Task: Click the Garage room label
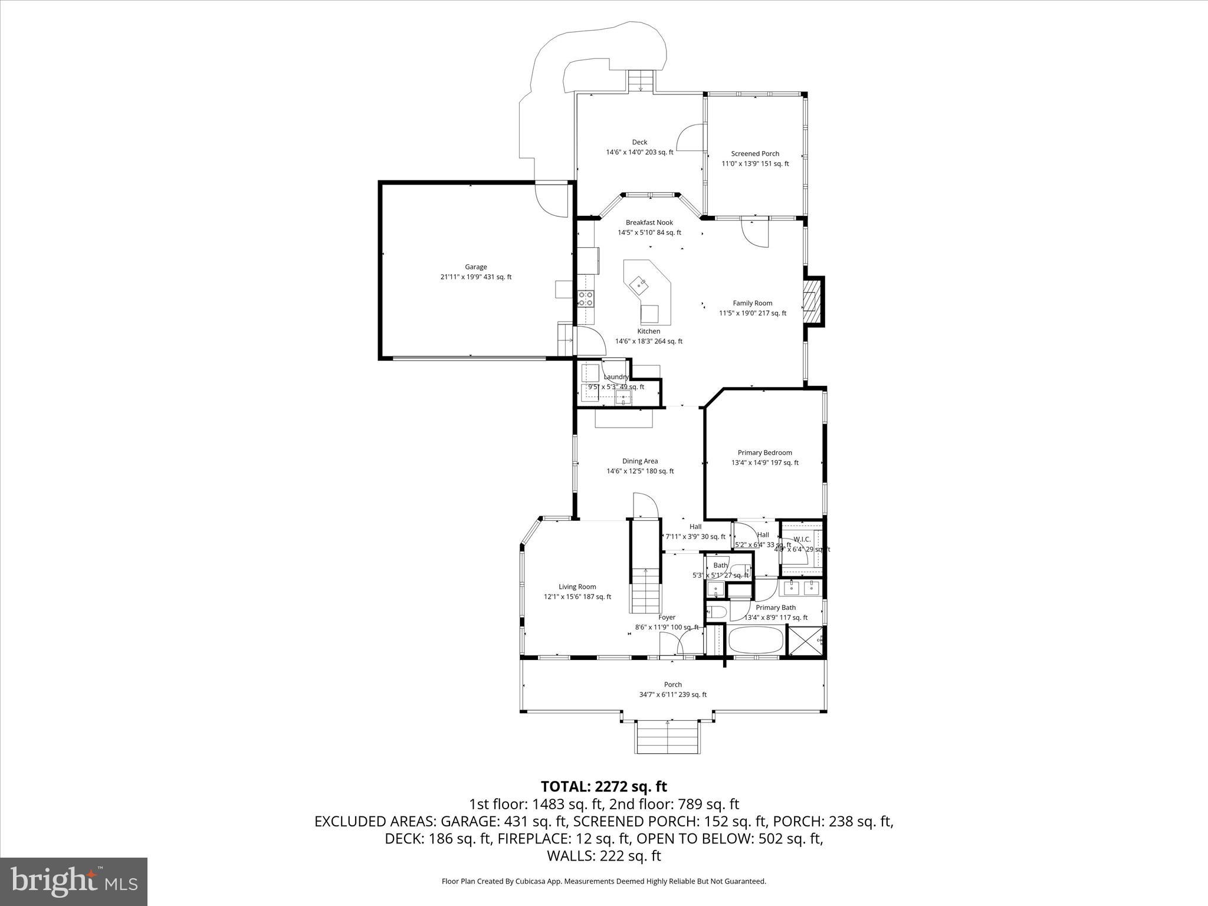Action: click(475, 267)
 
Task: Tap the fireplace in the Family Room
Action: click(812, 301)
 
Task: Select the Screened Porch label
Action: click(755, 153)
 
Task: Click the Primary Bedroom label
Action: click(764, 452)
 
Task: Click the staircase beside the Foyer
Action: click(645, 590)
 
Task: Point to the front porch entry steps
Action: click(668, 737)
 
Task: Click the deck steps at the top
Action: click(641, 81)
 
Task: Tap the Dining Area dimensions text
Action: click(640, 471)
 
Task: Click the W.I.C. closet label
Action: click(802, 539)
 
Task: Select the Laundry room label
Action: click(616, 377)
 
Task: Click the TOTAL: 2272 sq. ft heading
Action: click(603, 786)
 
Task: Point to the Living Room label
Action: click(577, 586)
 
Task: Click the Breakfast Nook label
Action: click(649, 222)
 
